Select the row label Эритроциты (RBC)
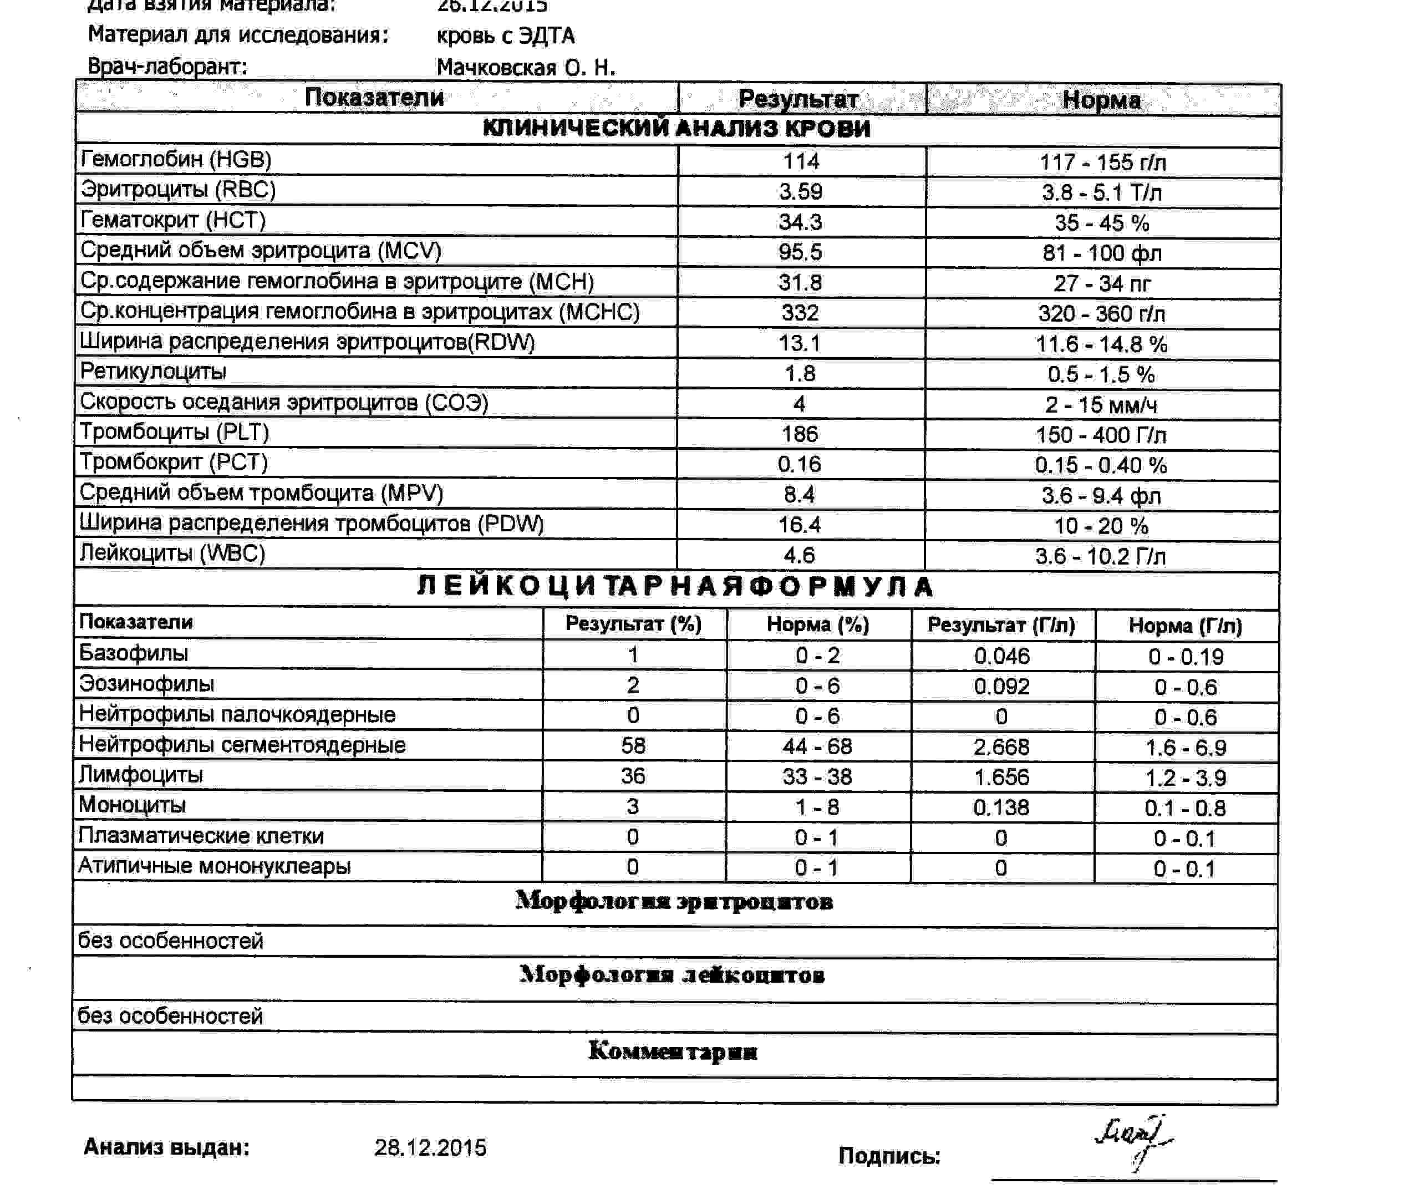[178, 190]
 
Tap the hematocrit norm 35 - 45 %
[1101, 223]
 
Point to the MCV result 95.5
[800, 252]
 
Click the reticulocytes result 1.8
[800, 374]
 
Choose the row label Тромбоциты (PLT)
[175, 432]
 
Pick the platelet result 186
[800, 434]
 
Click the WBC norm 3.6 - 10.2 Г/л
[1100, 556]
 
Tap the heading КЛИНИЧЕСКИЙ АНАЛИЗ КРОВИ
[676, 129]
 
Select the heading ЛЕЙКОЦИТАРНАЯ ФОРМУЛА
[675, 586]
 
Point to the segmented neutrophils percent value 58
[633, 746]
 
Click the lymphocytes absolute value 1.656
[1001, 777]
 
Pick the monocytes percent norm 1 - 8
[817, 807]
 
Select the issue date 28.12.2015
[430, 1148]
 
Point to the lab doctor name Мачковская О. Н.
[526, 68]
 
